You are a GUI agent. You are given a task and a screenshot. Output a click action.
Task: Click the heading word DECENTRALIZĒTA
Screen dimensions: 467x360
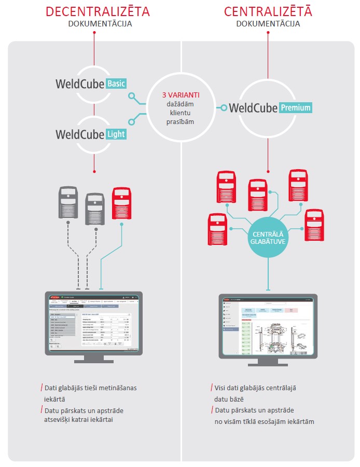click(x=93, y=11)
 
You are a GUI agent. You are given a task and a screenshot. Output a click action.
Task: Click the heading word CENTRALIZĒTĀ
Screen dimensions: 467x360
click(x=268, y=11)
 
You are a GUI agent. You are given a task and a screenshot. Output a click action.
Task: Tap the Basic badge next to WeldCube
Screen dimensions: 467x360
click(x=116, y=84)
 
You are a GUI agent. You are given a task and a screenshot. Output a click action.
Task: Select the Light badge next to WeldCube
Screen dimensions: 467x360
click(x=116, y=134)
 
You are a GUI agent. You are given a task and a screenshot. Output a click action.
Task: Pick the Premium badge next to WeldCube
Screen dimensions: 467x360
click(x=296, y=108)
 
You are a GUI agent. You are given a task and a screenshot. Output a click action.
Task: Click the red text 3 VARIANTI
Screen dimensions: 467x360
click(x=181, y=95)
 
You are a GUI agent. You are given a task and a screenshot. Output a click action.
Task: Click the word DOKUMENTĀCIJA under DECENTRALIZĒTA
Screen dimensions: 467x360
click(x=93, y=24)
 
